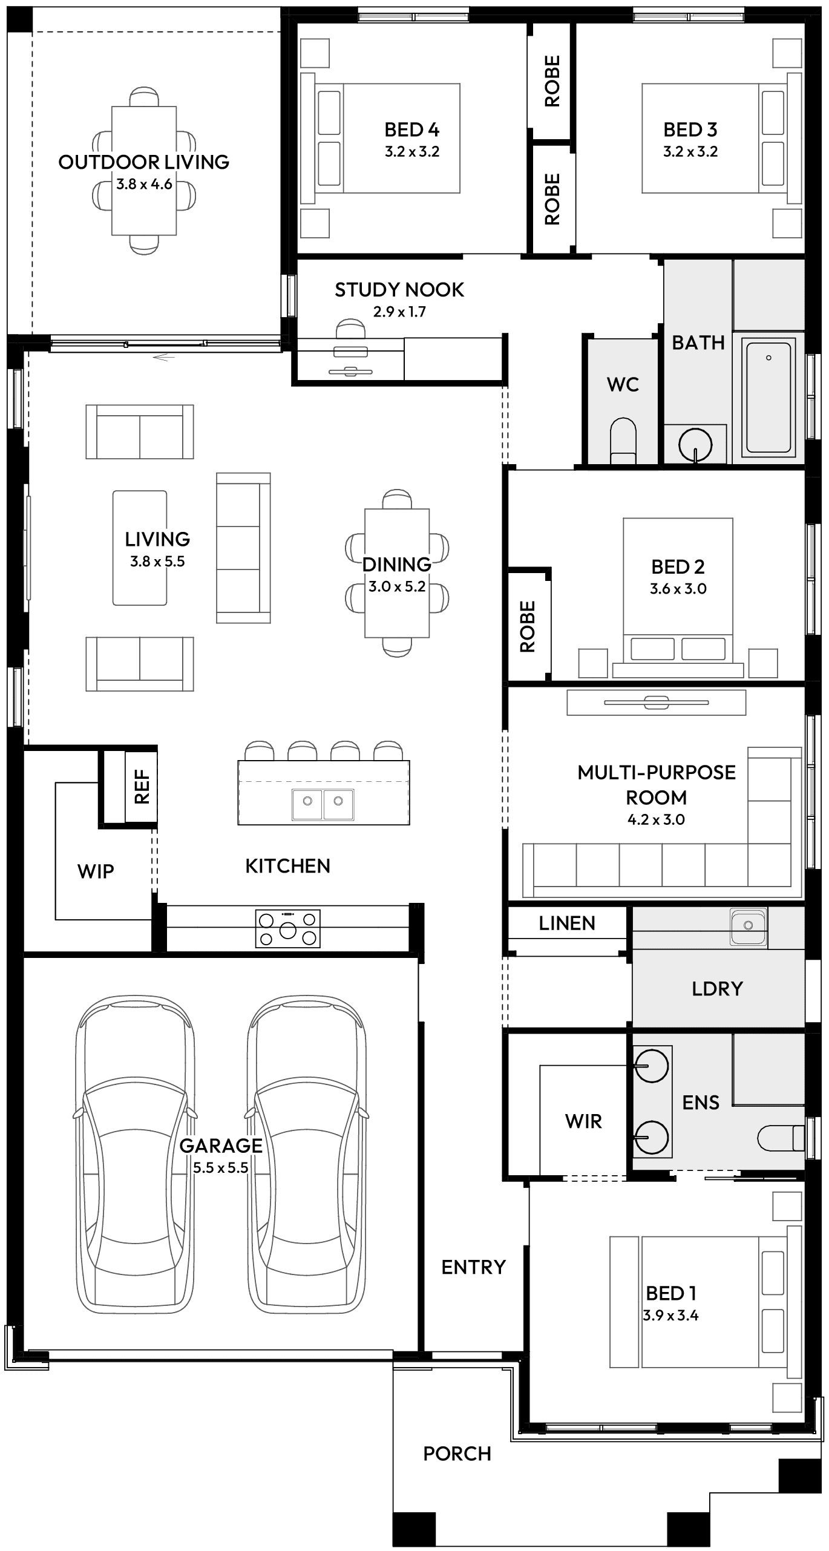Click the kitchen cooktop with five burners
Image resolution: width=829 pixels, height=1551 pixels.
(288, 928)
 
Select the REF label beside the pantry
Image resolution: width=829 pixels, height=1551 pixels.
(142, 787)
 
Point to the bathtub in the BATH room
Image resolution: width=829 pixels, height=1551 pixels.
(768, 398)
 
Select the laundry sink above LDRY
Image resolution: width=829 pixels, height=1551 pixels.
(748, 926)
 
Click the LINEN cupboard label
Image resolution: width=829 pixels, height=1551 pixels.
(567, 923)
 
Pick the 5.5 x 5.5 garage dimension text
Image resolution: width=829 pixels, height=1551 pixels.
(221, 1167)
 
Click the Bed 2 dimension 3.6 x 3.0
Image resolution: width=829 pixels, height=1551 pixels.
(678, 589)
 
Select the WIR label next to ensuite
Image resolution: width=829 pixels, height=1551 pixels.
(583, 1121)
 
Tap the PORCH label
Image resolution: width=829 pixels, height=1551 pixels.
(457, 1453)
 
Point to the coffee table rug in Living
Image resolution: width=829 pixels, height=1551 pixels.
(140, 548)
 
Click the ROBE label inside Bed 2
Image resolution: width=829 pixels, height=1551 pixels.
(528, 626)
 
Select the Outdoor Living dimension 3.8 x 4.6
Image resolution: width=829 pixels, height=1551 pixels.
(144, 185)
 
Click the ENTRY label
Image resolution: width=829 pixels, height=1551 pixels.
(473, 1267)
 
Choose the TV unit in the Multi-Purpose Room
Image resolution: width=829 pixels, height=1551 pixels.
(657, 703)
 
